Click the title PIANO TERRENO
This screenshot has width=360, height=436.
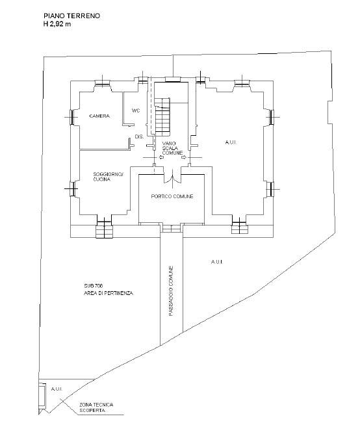pos(71,16)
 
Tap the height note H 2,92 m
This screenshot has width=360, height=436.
pos(57,24)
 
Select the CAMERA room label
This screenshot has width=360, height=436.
pos(99,116)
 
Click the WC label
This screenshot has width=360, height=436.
pos(136,110)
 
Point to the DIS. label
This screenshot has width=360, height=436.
pos(139,137)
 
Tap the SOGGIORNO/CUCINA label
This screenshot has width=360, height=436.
pos(108,177)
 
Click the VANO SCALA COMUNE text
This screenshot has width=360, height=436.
pos(172,148)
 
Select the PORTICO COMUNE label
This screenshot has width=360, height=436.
pos(172,196)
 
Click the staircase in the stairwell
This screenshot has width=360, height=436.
pos(162,116)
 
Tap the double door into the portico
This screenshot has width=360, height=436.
pos(172,178)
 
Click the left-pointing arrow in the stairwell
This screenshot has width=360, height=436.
pos(161,158)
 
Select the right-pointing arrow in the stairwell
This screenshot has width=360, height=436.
pos(184,158)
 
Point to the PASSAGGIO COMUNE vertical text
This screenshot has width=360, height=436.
pos(171,291)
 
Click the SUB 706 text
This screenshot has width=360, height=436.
pos(94,286)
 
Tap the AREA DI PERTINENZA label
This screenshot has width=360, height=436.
pos(109,293)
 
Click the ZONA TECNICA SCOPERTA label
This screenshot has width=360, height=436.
pos(96,407)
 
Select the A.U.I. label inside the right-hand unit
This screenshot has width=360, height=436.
pos(231,142)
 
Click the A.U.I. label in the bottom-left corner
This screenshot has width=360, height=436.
pos(57,389)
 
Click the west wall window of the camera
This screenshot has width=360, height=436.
pos(71,117)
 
